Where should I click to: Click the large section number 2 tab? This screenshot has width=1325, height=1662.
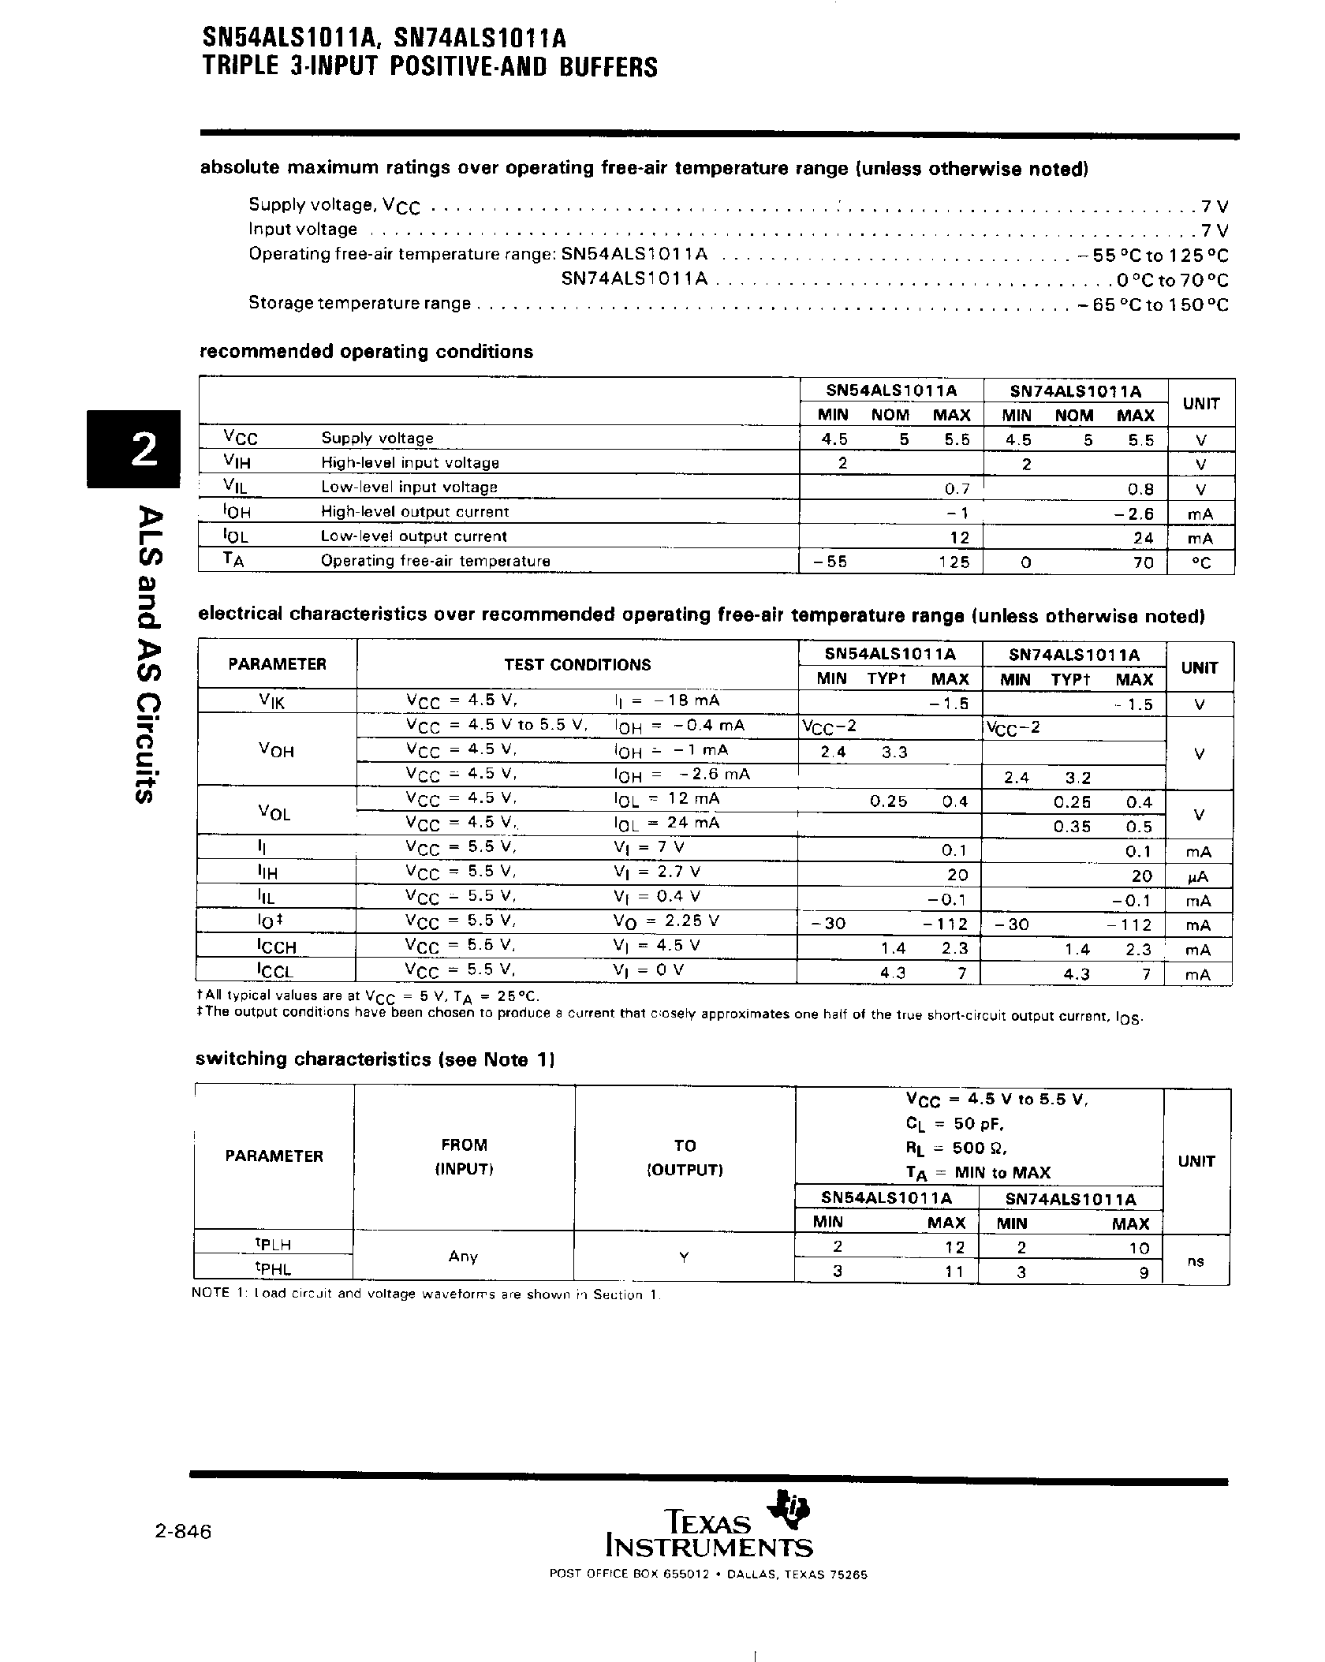click(x=134, y=450)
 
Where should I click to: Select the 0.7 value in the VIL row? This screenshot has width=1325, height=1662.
click(x=957, y=488)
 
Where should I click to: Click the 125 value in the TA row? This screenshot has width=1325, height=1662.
click(x=954, y=562)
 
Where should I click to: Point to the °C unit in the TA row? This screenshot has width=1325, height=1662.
click(x=1200, y=562)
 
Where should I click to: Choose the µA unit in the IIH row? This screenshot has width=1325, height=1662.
click(x=1198, y=876)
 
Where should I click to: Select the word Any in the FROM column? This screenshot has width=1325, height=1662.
click(x=463, y=1257)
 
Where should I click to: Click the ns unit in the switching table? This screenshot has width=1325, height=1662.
click(x=1196, y=1261)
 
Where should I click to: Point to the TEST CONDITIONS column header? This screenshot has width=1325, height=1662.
click(x=577, y=664)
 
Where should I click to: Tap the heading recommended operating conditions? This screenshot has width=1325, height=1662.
click(x=366, y=352)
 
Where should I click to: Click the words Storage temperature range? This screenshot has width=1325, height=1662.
click(x=360, y=304)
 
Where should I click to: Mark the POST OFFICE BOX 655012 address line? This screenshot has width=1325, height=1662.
click(x=708, y=1596)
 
